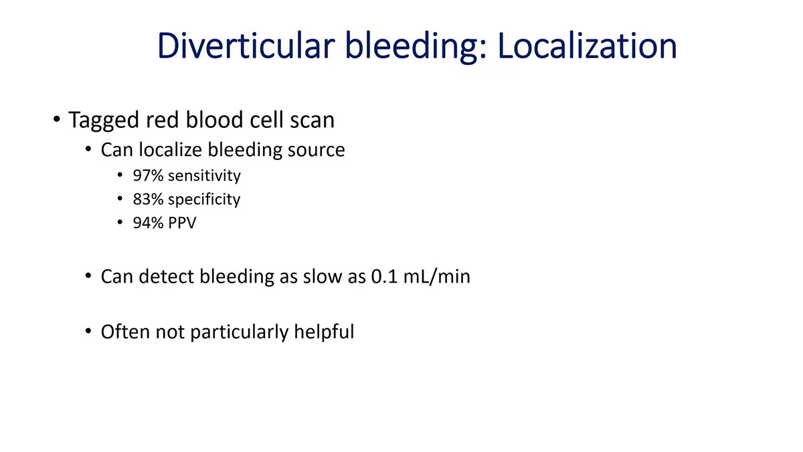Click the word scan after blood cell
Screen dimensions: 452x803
(311, 121)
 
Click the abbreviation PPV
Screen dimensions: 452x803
(183, 222)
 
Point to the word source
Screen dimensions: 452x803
(317, 149)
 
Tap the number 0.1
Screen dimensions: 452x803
(384, 276)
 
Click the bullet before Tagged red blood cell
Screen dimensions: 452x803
(58, 121)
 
